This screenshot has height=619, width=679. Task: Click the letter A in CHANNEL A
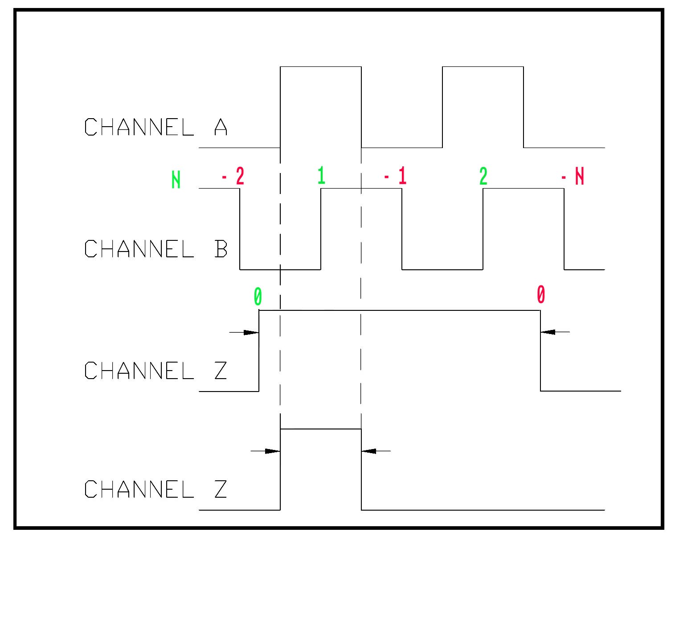click(x=221, y=127)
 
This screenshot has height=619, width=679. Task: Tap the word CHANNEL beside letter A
click(x=139, y=127)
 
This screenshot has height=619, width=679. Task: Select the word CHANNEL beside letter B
click(x=139, y=249)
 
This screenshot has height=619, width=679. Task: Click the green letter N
click(x=176, y=181)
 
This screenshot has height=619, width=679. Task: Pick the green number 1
click(x=321, y=176)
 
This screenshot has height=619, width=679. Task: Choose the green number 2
click(x=483, y=177)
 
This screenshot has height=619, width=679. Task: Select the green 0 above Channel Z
click(x=258, y=297)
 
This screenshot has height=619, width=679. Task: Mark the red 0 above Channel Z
click(x=540, y=294)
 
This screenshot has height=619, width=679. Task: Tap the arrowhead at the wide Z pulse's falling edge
click(x=548, y=332)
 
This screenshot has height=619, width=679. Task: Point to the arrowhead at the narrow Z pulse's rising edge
click(x=273, y=451)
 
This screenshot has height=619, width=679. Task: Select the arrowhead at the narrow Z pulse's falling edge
click(x=369, y=451)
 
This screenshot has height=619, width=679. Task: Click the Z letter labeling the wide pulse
click(x=221, y=370)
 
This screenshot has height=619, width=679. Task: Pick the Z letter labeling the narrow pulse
click(x=221, y=489)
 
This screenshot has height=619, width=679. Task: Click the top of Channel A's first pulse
click(x=320, y=67)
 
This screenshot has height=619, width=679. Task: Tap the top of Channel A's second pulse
click(x=483, y=67)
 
